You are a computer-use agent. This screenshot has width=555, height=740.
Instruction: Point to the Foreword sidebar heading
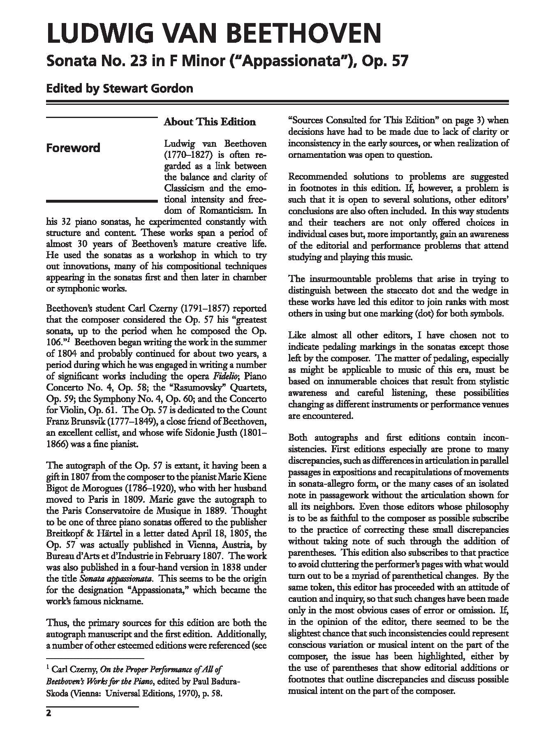[73, 148]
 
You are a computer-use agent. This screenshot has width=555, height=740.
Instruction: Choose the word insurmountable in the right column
[346, 280]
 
